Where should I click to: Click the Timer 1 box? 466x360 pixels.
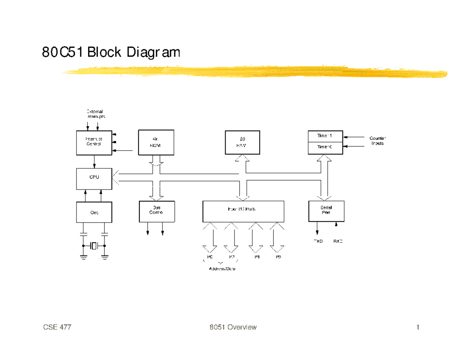tap(325, 136)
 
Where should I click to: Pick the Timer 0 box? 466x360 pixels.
tap(325, 147)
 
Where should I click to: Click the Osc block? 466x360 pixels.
tap(94, 212)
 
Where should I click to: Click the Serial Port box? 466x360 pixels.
tap(325, 211)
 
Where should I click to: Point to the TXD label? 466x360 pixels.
tap(318, 241)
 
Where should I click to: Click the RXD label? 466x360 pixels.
tap(338, 241)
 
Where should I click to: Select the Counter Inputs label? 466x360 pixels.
tap(377, 141)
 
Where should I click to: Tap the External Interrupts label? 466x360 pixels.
tap(95, 114)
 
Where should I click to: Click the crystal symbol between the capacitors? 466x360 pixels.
tap(94, 246)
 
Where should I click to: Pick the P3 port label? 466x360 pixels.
tap(278, 257)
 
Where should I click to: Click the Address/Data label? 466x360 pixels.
tap(222, 269)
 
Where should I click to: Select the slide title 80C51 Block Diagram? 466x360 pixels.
tap(111, 52)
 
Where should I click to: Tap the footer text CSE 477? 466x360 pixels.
tap(57, 327)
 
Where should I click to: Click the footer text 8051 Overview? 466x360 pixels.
tap(233, 327)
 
